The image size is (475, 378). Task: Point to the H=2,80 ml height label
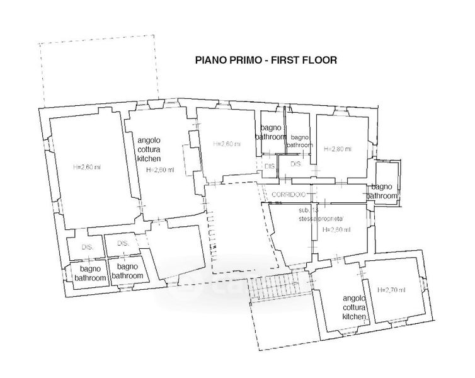coord(338,149)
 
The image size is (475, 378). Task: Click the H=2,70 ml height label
coord(391,289)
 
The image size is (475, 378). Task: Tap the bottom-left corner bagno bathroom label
coord(85,272)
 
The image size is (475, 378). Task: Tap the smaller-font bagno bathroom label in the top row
coord(300,141)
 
